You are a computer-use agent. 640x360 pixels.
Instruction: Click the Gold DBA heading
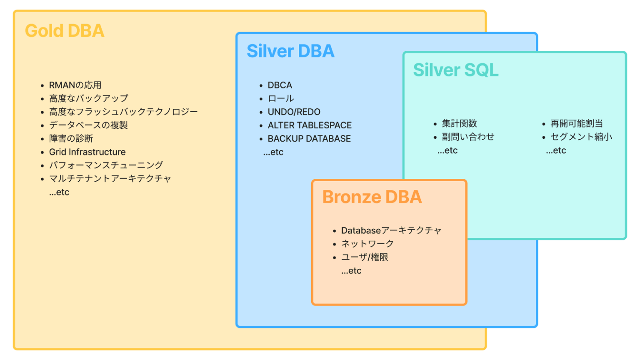point(65,31)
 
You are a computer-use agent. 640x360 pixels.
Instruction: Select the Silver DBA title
point(290,51)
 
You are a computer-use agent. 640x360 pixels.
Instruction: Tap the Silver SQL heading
point(455,70)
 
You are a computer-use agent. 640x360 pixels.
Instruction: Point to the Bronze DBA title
point(372,197)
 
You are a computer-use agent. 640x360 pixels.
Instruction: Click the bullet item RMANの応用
point(75,85)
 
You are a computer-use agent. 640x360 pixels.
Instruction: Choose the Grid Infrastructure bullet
point(87,152)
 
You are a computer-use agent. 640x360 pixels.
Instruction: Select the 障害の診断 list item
point(71,138)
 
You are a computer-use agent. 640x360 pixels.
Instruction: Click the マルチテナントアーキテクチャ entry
point(110,179)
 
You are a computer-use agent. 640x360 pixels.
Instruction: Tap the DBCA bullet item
point(280,85)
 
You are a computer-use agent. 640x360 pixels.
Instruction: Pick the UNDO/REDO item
point(294,112)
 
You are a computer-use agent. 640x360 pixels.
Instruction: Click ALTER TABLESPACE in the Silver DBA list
point(310,125)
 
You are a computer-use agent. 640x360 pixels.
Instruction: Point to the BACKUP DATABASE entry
point(309,139)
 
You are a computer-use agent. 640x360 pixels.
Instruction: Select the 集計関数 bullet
point(459,123)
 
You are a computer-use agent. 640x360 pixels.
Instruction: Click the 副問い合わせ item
point(468,137)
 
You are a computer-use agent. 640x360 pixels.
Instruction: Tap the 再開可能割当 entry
point(577,123)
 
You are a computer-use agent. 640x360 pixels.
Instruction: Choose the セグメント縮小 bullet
point(581,137)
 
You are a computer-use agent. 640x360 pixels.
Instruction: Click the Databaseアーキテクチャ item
point(391,230)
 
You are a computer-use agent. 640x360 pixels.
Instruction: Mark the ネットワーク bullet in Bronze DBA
point(367,244)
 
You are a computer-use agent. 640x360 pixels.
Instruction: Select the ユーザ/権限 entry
point(365,257)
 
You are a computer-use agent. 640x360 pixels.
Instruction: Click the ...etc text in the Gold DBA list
point(59,192)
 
